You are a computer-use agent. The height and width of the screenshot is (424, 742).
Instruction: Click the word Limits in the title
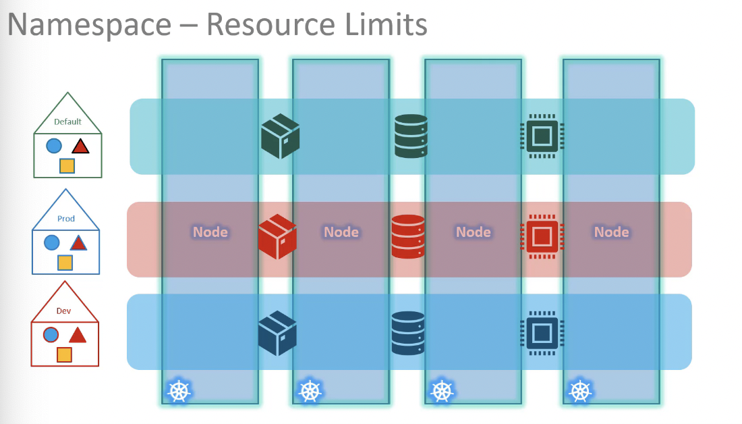coord(386,24)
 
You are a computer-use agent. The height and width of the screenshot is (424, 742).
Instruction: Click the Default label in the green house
coord(67,122)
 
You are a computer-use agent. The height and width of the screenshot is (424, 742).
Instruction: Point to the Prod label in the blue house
coord(66,218)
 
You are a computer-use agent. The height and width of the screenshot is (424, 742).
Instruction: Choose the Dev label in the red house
coord(63,311)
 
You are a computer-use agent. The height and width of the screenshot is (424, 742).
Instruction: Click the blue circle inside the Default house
coord(54,145)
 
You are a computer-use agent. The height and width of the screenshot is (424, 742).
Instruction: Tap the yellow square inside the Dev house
coord(64,354)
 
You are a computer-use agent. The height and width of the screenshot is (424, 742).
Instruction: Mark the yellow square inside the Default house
coord(67,166)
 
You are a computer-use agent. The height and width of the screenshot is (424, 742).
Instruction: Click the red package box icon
coord(277,236)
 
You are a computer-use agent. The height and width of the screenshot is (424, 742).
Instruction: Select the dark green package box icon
coord(280,136)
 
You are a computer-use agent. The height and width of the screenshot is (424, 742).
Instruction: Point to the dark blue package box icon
coord(277,333)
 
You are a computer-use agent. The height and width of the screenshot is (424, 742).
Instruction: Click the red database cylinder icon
coord(408,236)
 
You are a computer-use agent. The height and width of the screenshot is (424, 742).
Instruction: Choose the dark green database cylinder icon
coord(411,136)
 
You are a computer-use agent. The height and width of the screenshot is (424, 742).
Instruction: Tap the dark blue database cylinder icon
coord(408,333)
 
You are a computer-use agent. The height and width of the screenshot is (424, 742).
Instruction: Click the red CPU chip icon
coord(542,236)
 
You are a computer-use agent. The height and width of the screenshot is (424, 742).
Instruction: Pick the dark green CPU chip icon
coord(542,136)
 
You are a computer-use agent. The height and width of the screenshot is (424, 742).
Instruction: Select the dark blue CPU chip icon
coord(542,333)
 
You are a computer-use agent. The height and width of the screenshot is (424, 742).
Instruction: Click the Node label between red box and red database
coord(341,232)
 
